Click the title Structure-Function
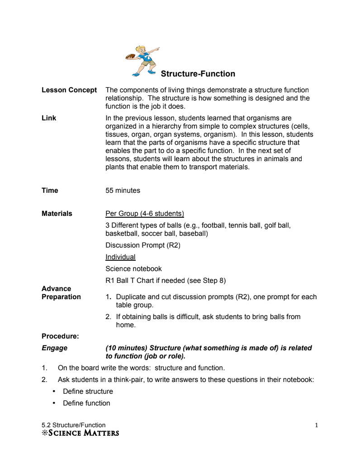[198, 74]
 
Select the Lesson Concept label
[69, 90]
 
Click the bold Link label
[49, 118]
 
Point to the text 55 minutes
[123, 191]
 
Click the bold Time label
[50, 191]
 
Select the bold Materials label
[57, 214]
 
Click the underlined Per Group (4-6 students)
[144, 214]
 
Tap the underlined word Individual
[120, 257]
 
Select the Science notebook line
[133, 269]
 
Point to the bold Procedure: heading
[60, 336]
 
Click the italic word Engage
[54, 348]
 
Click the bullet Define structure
[88, 391]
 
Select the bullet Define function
[86, 403]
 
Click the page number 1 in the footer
[316, 425]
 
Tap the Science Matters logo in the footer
[80, 433]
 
